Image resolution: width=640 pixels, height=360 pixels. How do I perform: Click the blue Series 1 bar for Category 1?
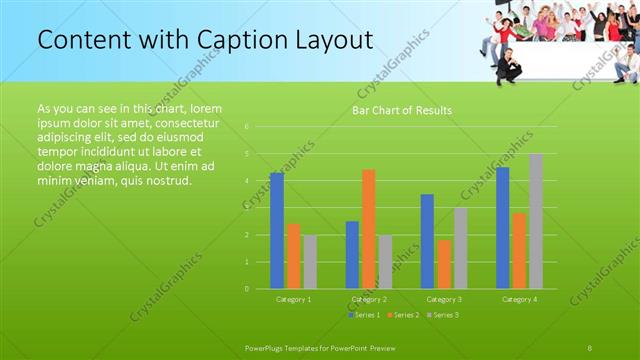tap(277, 231)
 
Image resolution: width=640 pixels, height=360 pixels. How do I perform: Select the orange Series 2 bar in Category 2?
tap(368, 229)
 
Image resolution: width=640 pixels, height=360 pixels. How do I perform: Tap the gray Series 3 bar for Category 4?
tap(536, 221)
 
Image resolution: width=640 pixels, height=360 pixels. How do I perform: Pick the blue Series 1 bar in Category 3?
tap(427, 241)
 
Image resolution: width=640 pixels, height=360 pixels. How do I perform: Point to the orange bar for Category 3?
tap(444, 264)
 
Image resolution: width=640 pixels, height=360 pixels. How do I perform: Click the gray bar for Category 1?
tap(310, 262)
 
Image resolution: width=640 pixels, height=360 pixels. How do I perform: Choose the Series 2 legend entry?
tap(404, 315)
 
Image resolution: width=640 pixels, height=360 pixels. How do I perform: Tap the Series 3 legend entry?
tap(443, 315)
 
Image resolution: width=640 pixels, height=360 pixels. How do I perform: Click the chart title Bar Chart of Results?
tap(401, 110)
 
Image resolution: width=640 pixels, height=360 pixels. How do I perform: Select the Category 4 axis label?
tap(519, 299)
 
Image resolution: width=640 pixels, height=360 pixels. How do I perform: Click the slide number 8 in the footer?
tap(590, 347)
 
